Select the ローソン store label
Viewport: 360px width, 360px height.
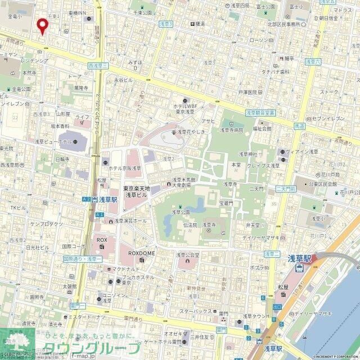click(x=259, y=40)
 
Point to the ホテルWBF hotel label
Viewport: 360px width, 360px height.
click(x=184, y=106)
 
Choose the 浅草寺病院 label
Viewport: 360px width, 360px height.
click(x=231, y=130)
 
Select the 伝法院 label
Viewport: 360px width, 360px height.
click(x=190, y=224)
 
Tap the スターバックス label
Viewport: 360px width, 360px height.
click(x=196, y=311)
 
